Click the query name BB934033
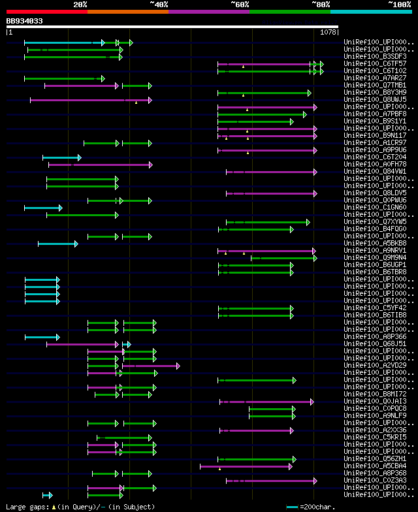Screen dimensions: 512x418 click(x=25, y=21)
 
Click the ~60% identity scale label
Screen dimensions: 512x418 click(x=240, y=4)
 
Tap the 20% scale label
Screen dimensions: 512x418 click(x=80, y=4)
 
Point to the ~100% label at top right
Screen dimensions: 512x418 click(x=398, y=4)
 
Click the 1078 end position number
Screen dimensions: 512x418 click(x=328, y=31)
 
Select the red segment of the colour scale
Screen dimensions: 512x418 click(x=46, y=12)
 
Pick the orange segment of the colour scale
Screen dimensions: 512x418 click(x=127, y=12)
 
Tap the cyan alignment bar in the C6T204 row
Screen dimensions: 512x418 click(x=61, y=157)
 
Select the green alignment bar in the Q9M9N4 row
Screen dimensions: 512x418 click(x=283, y=258)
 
